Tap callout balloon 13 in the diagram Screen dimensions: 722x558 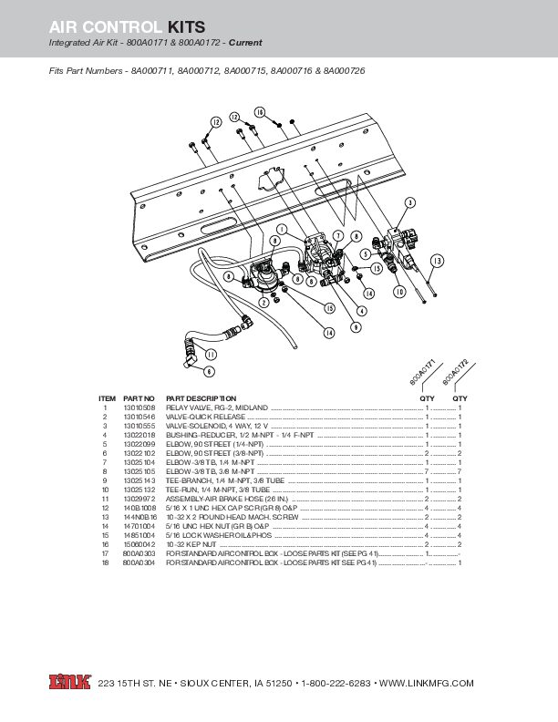pos(437,261)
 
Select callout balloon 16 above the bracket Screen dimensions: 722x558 pos(259,112)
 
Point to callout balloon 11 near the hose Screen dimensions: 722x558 pos(211,354)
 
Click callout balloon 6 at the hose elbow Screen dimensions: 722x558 pos(209,371)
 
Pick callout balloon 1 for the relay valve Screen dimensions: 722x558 pos(283,228)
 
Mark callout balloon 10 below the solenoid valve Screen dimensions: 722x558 pos(399,292)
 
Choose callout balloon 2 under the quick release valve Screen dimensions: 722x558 pos(263,301)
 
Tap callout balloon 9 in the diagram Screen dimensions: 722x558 pos(355,325)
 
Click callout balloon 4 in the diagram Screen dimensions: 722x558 pos(363,310)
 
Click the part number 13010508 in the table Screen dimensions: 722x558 pos(136,407)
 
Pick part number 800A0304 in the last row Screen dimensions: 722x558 pos(136,562)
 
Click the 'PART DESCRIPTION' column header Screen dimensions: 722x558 pos(201,398)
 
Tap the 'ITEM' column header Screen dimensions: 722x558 pos(107,398)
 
